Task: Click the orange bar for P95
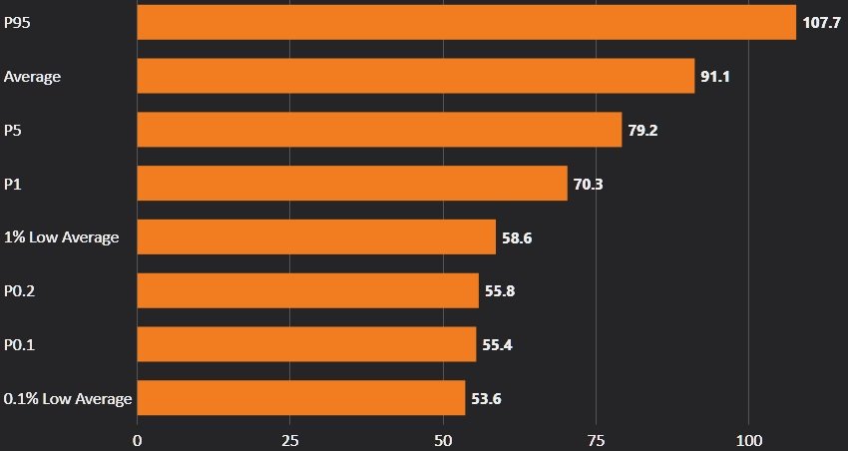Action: [466, 22]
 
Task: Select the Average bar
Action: [415, 76]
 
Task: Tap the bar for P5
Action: [379, 130]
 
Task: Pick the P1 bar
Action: [351, 183]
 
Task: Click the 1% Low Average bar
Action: [315, 237]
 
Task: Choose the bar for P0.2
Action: [307, 290]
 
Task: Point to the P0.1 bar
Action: [306, 344]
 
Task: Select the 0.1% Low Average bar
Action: [300, 398]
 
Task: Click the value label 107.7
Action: [822, 22]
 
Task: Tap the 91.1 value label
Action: [715, 76]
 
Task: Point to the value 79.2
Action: [642, 130]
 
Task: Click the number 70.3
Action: [589, 184]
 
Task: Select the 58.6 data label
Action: [517, 237]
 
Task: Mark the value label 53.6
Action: [486, 399]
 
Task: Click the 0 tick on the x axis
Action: [138, 440]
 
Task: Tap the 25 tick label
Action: [290, 440]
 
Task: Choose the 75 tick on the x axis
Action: [596, 440]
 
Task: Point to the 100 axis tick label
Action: [748, 440]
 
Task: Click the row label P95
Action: [17, 22]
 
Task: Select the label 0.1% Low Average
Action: [68, 399]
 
